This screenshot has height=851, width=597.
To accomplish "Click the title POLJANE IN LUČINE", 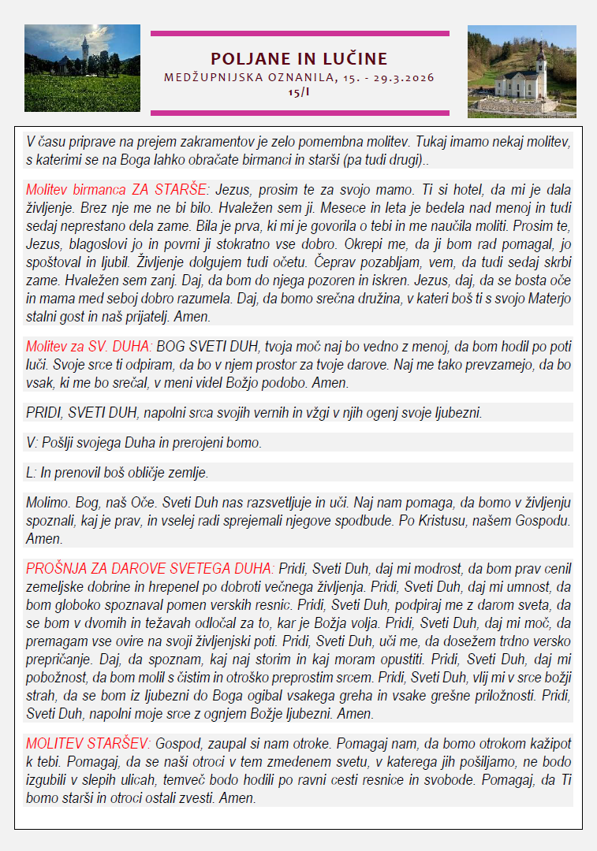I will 299,59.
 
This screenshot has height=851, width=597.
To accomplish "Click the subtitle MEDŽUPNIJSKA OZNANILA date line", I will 299,78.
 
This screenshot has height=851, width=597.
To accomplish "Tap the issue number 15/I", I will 299,91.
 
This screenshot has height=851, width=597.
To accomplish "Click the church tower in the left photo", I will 84,50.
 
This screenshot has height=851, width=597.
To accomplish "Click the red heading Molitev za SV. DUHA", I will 89,346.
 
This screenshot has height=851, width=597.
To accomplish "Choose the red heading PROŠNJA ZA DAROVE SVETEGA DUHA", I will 150,568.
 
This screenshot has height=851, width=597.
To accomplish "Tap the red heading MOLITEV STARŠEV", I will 88,743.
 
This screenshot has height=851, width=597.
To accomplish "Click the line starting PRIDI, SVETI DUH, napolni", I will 253,413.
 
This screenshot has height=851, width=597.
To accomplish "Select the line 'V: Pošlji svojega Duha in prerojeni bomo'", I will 144,443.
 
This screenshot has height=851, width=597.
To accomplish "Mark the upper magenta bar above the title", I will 299,34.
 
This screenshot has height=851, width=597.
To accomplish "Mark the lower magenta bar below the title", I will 299,113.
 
